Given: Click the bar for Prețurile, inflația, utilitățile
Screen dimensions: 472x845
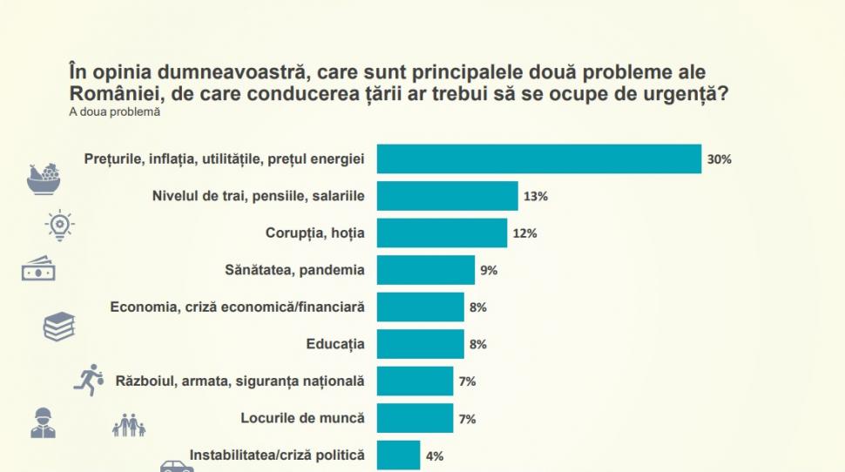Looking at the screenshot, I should pyautogui.click(x=538, y=159).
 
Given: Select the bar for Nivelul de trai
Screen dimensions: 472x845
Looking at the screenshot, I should pyautogui.click(x=447, y=196).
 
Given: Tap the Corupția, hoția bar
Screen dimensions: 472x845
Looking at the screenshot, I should pyautogui.click(x=442, y=233).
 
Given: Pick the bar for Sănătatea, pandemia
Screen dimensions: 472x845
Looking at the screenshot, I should pyautogui.click(x=425, y=270).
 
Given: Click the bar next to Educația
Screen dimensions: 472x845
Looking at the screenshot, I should pyautogui.click(x=420, y=344).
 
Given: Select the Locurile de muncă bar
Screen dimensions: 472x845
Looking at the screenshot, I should pyautogui.click(x=415, y=418).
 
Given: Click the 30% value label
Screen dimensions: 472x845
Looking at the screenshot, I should pyautogui.click(x=720, y=160).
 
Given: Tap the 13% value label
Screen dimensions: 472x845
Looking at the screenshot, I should pyautogui.click(x=536, y=197).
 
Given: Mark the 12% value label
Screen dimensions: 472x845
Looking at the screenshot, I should pyautogui.click(x=524, y=234).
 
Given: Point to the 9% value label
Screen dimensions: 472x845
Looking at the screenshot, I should pyautogui.click(x=489, y=271).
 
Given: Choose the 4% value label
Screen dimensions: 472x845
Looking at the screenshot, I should pyautogui.click(x=435, y=455).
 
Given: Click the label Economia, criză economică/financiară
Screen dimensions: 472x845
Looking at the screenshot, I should pyautogui.click(x=237, y=307).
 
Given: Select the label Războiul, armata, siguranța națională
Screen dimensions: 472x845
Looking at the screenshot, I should pyautogui.click(x=240, y=381).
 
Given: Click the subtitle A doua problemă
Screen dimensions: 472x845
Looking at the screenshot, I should pyautogui.click(x=115, y=111).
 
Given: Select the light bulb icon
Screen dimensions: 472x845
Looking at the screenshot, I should pyautogui.click(x=59, y=225).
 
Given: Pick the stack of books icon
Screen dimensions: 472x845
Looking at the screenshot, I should pyautogui.click(x=59, y=327).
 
